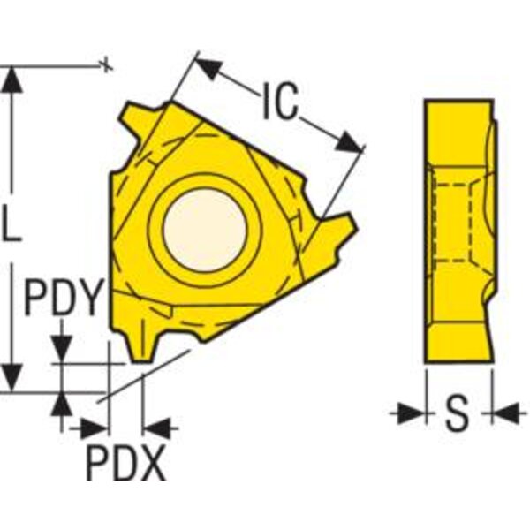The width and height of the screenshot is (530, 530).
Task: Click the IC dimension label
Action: (280, 101)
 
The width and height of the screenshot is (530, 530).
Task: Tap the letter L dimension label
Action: (11, 224)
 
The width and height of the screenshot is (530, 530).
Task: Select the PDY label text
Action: (64, 298)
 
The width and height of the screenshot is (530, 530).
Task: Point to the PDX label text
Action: (126, 463)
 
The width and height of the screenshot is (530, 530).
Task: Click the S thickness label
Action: (458, 413)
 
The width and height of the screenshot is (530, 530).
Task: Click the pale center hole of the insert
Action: (205, 230)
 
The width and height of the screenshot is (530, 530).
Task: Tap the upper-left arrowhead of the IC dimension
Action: (208, 68)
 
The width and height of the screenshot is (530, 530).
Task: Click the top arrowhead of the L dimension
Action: (13, 79)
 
